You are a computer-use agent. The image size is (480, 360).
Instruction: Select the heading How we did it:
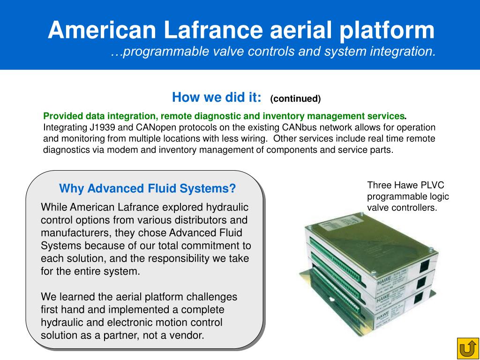click(217, 97)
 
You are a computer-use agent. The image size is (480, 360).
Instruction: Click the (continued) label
click(295, 98)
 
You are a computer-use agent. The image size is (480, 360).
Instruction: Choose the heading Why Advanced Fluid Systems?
click(147, 188)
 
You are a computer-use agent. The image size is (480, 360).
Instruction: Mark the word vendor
click(187, 335)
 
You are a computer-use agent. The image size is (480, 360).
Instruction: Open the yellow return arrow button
click(467, 348)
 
